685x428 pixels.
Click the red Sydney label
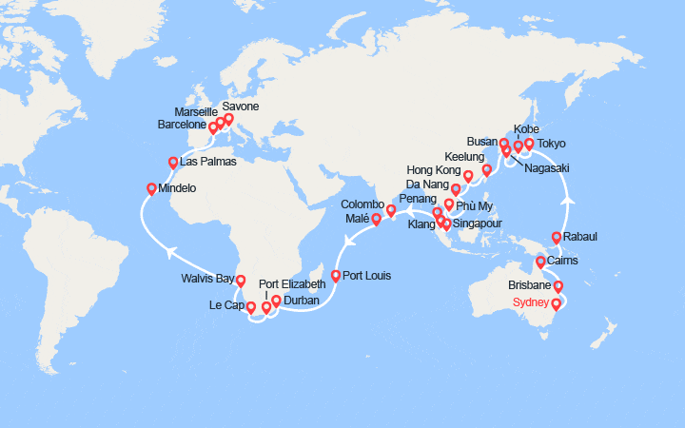(532, 303)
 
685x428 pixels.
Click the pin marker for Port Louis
(336, 276)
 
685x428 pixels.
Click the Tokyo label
(551, 144)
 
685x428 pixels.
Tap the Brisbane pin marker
(558, 285)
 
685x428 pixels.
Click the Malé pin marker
(377, 220)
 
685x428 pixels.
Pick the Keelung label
(464, 155)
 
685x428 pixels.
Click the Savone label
(241, 107)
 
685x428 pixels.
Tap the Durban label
(301, 301)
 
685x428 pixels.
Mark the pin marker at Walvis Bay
(241, 281)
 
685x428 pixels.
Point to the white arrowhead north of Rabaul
(572, 201)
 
